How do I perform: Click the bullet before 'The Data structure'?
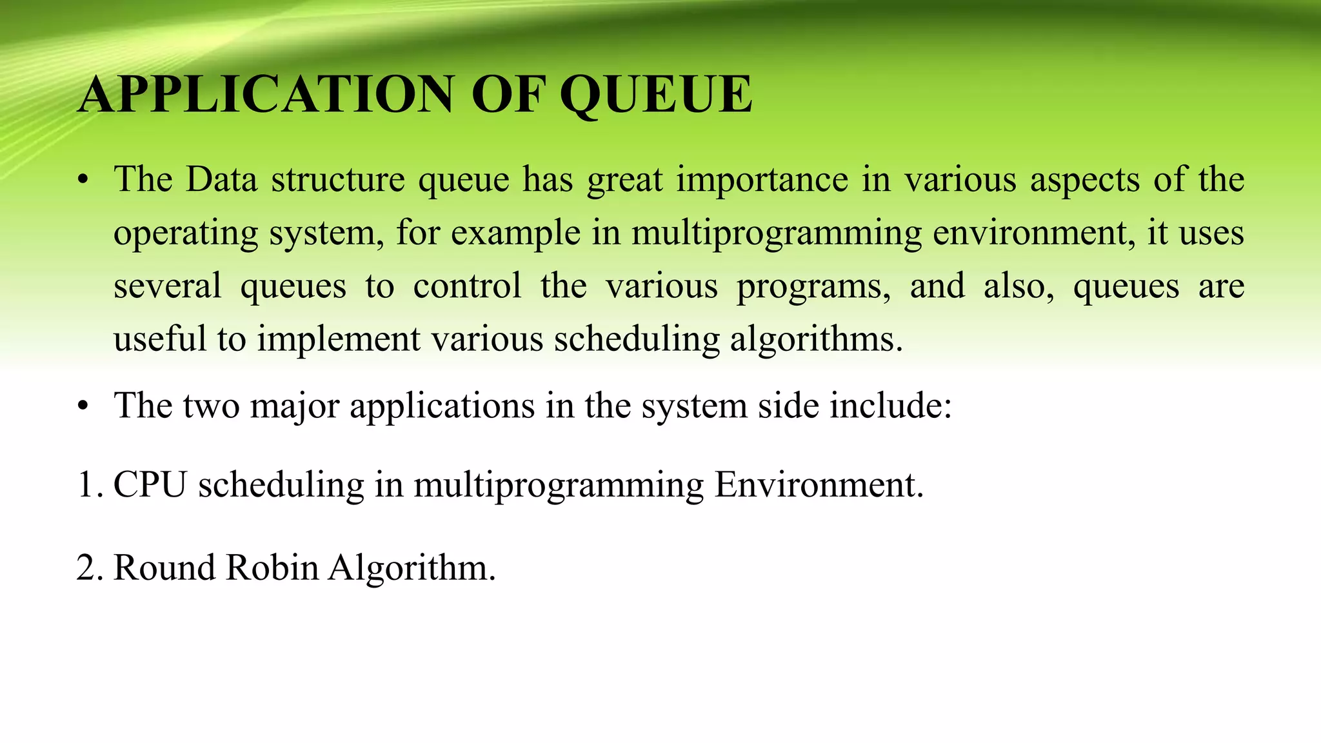(x=82, y=181)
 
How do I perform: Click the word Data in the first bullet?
(x=221, y=180)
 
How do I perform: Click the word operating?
(x=185, y=234)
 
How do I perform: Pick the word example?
(x=515, y=234)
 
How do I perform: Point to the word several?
(x=167, y=286)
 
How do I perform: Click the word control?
(x=467, y=286)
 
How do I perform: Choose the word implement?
(x=338, y=340)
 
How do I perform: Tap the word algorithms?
(x=815, y=340)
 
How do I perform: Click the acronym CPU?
(x=150, y=485)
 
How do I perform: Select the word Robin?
(x=272, y=568)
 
